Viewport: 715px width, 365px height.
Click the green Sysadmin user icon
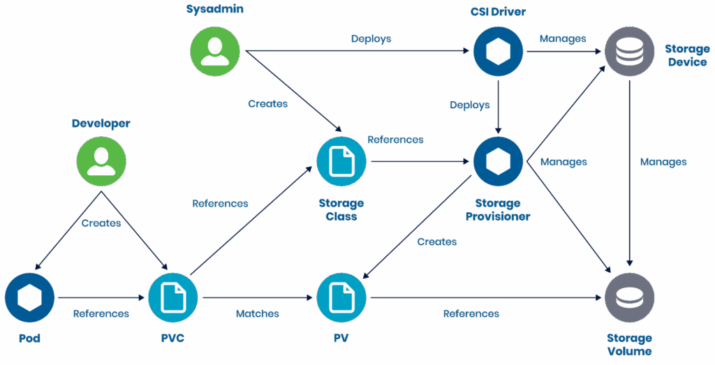click(215, 52)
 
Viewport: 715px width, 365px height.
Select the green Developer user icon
click(101, 161)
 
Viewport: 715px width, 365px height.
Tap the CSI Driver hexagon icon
click(498, 52)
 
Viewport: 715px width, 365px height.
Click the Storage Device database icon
click(630, 52)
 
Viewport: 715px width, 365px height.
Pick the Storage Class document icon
click(341, 161)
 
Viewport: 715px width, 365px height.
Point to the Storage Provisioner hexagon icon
click(498, 161)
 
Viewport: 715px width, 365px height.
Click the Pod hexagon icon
click(29, 297)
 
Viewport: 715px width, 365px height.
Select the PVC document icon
click(172, 297)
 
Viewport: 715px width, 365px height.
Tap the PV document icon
click(341, 297)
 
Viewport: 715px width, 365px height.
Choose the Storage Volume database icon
click(630, 297)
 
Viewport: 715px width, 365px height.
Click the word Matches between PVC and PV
click(258, 314)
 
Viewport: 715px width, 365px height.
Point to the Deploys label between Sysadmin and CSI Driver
click(371, 39)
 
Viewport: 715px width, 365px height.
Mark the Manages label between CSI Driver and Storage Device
click(563, 39)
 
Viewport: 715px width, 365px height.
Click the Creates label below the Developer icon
click(101, 223)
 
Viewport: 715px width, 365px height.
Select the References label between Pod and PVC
click(101, 314)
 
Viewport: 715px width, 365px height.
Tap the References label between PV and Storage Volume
click(471, 314)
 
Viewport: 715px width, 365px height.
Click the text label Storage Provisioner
click(498, 210)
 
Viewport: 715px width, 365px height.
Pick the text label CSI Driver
click(498, 12)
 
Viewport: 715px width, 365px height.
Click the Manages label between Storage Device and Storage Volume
click(663, 162)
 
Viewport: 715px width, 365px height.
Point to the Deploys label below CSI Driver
click(470, 105)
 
